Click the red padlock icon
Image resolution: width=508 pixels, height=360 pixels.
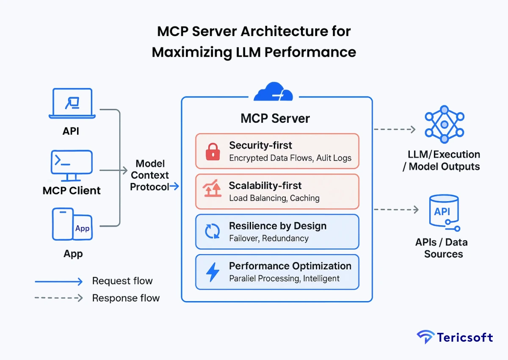(213, 152)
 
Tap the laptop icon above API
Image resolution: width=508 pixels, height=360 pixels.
(72, 103)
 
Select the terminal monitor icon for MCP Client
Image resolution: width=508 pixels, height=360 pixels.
(72, 165)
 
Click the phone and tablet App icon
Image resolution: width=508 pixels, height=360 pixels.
(72, 224)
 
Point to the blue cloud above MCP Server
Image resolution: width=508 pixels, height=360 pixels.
(273, 92)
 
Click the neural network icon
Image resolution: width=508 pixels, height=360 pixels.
(444, 125)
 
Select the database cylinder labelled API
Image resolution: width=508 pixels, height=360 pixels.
(443, 211)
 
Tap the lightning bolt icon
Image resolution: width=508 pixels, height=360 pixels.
(213, 272)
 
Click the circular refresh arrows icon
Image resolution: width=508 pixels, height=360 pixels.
(213, 232)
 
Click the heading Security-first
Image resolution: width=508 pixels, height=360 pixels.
(260, 145)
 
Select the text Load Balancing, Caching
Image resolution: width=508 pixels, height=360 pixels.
(274, 198)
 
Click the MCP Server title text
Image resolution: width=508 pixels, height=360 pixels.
(275, 118)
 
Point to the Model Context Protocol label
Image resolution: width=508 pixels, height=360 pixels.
(149, 175)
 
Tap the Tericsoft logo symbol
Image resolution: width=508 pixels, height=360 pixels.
(425, 337)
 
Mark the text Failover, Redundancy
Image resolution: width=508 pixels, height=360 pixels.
(269, 238)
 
